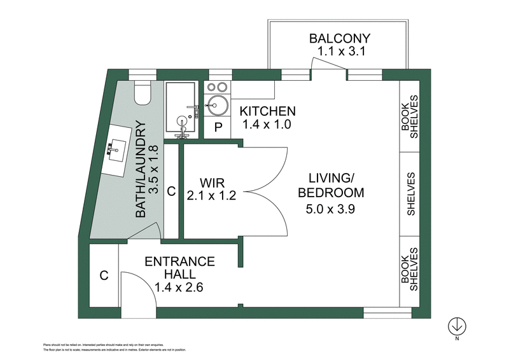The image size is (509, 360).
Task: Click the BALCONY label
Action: tap(338, 37)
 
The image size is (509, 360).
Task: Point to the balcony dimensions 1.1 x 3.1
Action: tap(338, 52)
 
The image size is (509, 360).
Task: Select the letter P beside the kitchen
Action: tap(218, 127)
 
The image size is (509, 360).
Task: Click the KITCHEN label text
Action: tap(267, 111)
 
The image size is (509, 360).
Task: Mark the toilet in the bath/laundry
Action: tap(143, 93)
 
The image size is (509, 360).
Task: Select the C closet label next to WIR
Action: tap(171, 190)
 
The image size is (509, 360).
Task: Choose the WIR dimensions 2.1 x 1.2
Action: tap(212, 197)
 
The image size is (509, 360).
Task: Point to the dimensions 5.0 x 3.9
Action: tap(331, 207)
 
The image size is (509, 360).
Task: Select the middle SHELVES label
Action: tap(411, 194)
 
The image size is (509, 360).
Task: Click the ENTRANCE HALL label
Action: tap(180, 268)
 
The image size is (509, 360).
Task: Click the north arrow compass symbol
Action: tap(456, 326)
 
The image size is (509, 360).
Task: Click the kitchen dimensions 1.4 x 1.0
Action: tap(267, 125)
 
